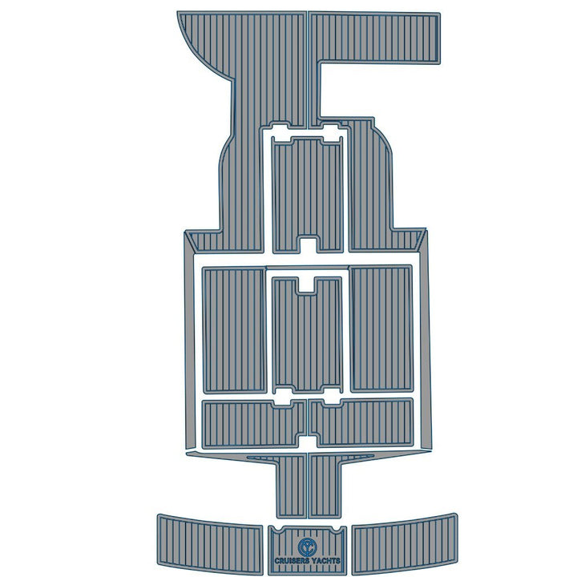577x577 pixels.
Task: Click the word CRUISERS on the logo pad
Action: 290,561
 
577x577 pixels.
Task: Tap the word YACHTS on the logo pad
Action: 325,561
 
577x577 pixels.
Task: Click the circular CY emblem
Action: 308,547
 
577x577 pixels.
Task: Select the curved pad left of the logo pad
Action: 210,543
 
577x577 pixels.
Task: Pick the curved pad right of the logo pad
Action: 405,543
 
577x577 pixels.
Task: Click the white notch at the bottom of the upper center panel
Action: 309,245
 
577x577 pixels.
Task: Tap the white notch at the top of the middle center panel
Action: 306,285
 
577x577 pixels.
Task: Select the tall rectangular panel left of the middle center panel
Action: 234,329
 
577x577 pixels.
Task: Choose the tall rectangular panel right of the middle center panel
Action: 381,329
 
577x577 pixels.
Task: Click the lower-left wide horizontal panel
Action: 254,424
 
